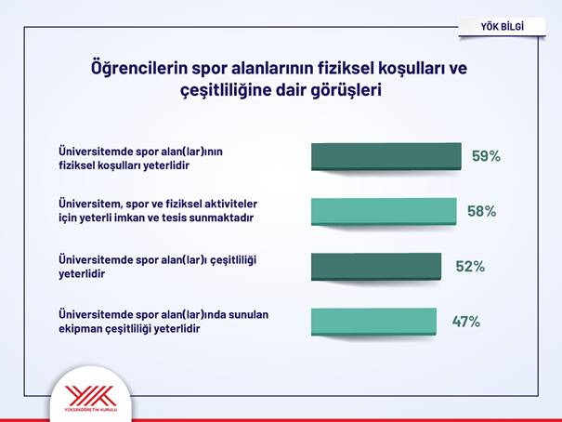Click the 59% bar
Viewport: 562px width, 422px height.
tap(386, 156)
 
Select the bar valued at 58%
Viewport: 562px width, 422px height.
tap(384, 212)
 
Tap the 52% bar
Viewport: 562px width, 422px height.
tap(376, 267)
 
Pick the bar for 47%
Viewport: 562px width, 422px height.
tap(373, 322)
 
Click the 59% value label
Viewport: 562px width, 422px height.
tap(486, 156)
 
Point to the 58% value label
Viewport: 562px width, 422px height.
tap(482, 211)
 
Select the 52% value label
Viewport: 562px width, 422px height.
tap(470, 267)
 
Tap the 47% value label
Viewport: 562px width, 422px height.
tap(466, 322)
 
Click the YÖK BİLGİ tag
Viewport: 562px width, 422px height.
tap(503, 27)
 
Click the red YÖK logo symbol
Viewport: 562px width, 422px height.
tap(91, 396)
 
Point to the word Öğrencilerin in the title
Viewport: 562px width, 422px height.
tap(139, 68)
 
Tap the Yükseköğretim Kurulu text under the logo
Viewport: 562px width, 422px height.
tap(91, 409)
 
